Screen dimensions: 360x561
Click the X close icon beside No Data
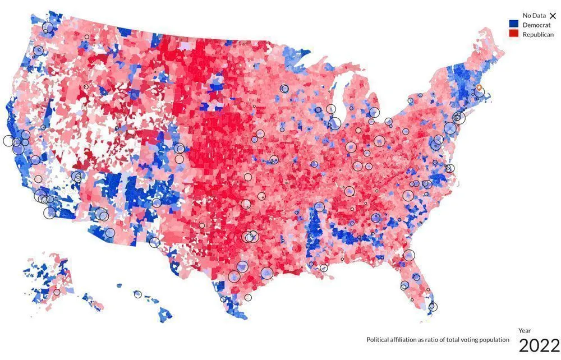pyautogui.click(x=553, y=16)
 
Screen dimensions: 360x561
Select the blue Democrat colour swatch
pyautogui.click(x=513, y=25)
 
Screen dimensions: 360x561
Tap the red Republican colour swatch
pyautogui.click(x=513, y=34)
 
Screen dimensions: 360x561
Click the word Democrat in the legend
pyautogui.click(x=536, y=25)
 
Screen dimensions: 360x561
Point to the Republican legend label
pyautogui.click(x=538, y=35)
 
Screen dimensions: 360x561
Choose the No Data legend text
pyautogui.click(x=534, y=16)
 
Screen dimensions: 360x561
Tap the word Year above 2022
pyautogui.click(x=525, y=331)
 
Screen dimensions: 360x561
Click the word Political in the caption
pyautogui.click(x=379, y=340)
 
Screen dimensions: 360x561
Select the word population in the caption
pyautogui.click(x=493, y=340)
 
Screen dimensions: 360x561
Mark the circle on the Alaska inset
pyautogui.click(x=57, y=292)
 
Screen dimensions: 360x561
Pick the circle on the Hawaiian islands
pyautogui.click(x=137, y=294)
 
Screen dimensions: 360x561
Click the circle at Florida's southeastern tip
pyautogui.click(x=433, y=307)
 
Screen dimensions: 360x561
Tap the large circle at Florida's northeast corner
pyautogui.click(x=409, y=255)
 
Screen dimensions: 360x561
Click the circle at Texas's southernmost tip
pyautogui.click(x=224, y=299)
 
